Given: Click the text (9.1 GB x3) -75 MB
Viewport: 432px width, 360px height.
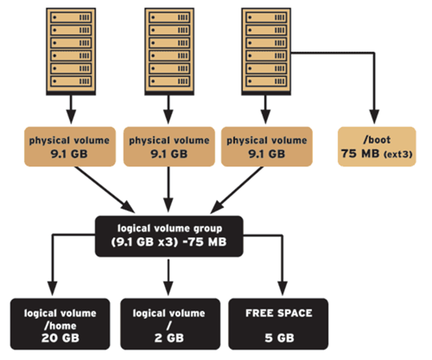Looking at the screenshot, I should (x=169, y=242).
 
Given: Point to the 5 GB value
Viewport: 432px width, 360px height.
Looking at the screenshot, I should (x=279, y=337).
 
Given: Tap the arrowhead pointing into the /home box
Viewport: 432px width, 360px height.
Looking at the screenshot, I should (x=53, y=290).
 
